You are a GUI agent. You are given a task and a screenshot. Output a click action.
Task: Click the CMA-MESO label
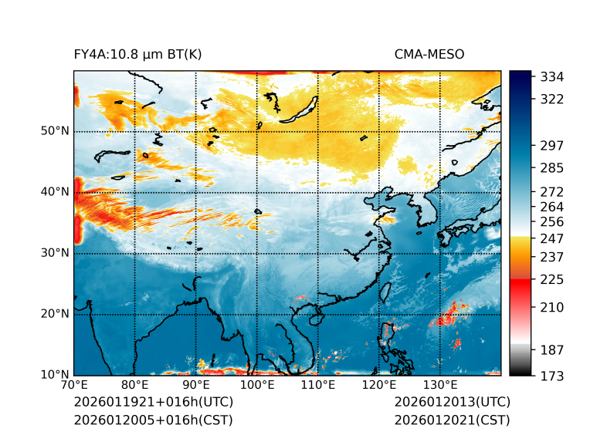pos(429,55)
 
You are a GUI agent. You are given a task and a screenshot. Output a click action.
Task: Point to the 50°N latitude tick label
pos(55,131)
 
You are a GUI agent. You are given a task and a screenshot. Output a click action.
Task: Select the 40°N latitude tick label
pos(55,192)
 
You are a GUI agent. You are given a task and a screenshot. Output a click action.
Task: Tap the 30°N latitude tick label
pos(55,253)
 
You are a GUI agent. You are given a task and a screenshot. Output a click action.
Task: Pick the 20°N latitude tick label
pos(55,314)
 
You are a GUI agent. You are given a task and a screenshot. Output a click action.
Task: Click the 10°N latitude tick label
pos(55,375)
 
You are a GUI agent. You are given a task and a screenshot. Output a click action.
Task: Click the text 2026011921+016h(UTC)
pos(153,403)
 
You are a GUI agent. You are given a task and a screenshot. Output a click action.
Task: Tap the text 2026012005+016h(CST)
pos(153,420)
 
